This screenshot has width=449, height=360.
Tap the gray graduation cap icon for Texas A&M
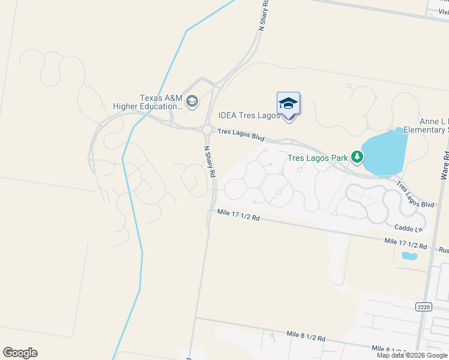pos(192,101)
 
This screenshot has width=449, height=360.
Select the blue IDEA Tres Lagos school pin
pos(289,104)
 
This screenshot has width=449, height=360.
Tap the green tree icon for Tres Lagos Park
pos(357,157)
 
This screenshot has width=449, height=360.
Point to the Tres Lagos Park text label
pos(318,158)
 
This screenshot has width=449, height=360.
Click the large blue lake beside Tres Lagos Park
pos(384,153)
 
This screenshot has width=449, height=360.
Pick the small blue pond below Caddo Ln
pos(409,256)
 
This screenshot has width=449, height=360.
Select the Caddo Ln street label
pos(409,228)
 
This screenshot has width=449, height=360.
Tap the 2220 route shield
pos(423,307)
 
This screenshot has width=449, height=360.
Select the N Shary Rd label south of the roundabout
pos(210,161)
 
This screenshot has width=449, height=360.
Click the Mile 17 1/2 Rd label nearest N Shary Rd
pos(238,215)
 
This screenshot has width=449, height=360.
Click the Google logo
pos(20,353)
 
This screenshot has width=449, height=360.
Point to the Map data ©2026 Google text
pos(412,355)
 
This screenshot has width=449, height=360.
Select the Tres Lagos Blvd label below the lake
pos(415,195)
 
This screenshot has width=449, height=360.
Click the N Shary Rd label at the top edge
pos(263,16)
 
